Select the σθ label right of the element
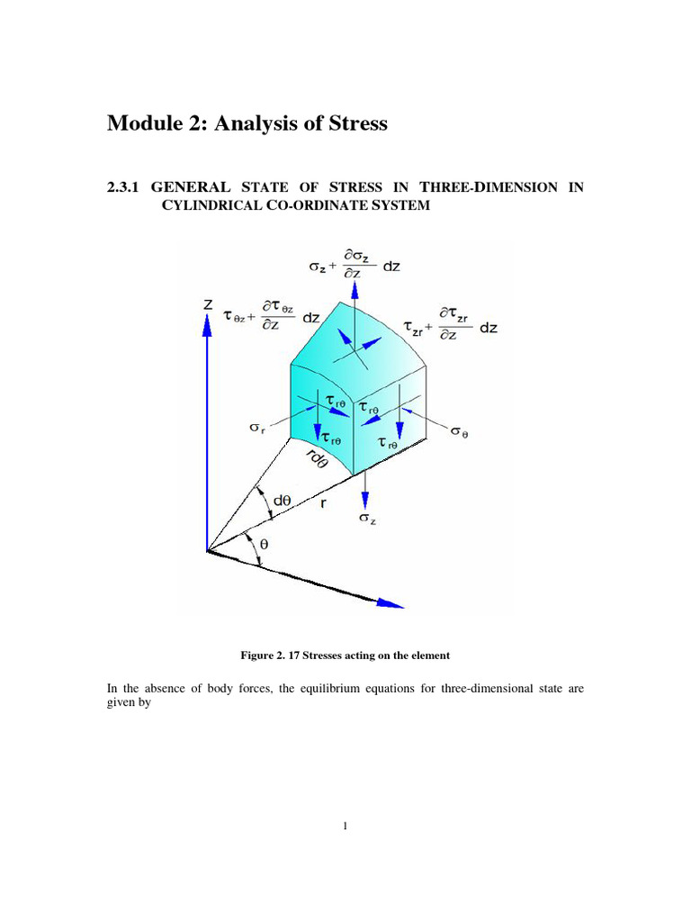(x=459, y=431)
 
